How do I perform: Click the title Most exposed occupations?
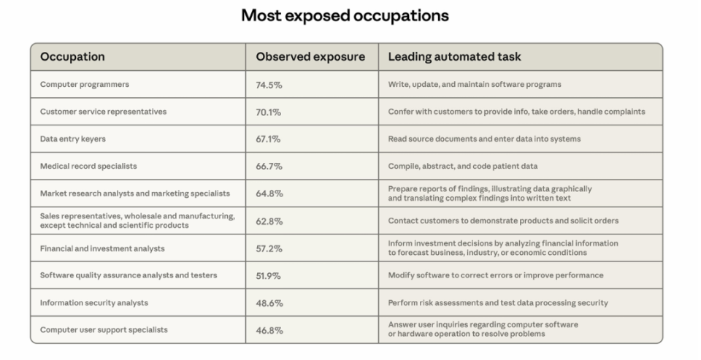[x=345, y=15]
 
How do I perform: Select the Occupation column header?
[x=72, y=57]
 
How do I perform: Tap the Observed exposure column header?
[x=310, y=57]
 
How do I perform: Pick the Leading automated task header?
[x=454, y=57]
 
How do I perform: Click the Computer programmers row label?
[x=85, y=85]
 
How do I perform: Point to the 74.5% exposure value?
[x=269, y=85]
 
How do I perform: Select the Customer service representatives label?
[x=103, y=112]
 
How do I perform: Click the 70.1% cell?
[x=268, y=112]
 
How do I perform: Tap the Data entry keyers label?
[x=75, y=139]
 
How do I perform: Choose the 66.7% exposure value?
[x=269, y=166]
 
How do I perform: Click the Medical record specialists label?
[x=88, y=166]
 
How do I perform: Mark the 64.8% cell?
[x=269, y=194]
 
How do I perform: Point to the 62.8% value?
[x=269, y=221]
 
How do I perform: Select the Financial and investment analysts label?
[x=102, y=248]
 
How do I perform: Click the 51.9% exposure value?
[x=269, y=275]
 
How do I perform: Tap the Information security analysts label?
[x=94, y=303]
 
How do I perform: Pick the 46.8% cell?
[x=269, y=330]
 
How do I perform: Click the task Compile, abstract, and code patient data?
[x=463, y=166]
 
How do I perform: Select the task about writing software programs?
[x=475, y=85]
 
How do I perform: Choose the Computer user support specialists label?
[x=104, y=330]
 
